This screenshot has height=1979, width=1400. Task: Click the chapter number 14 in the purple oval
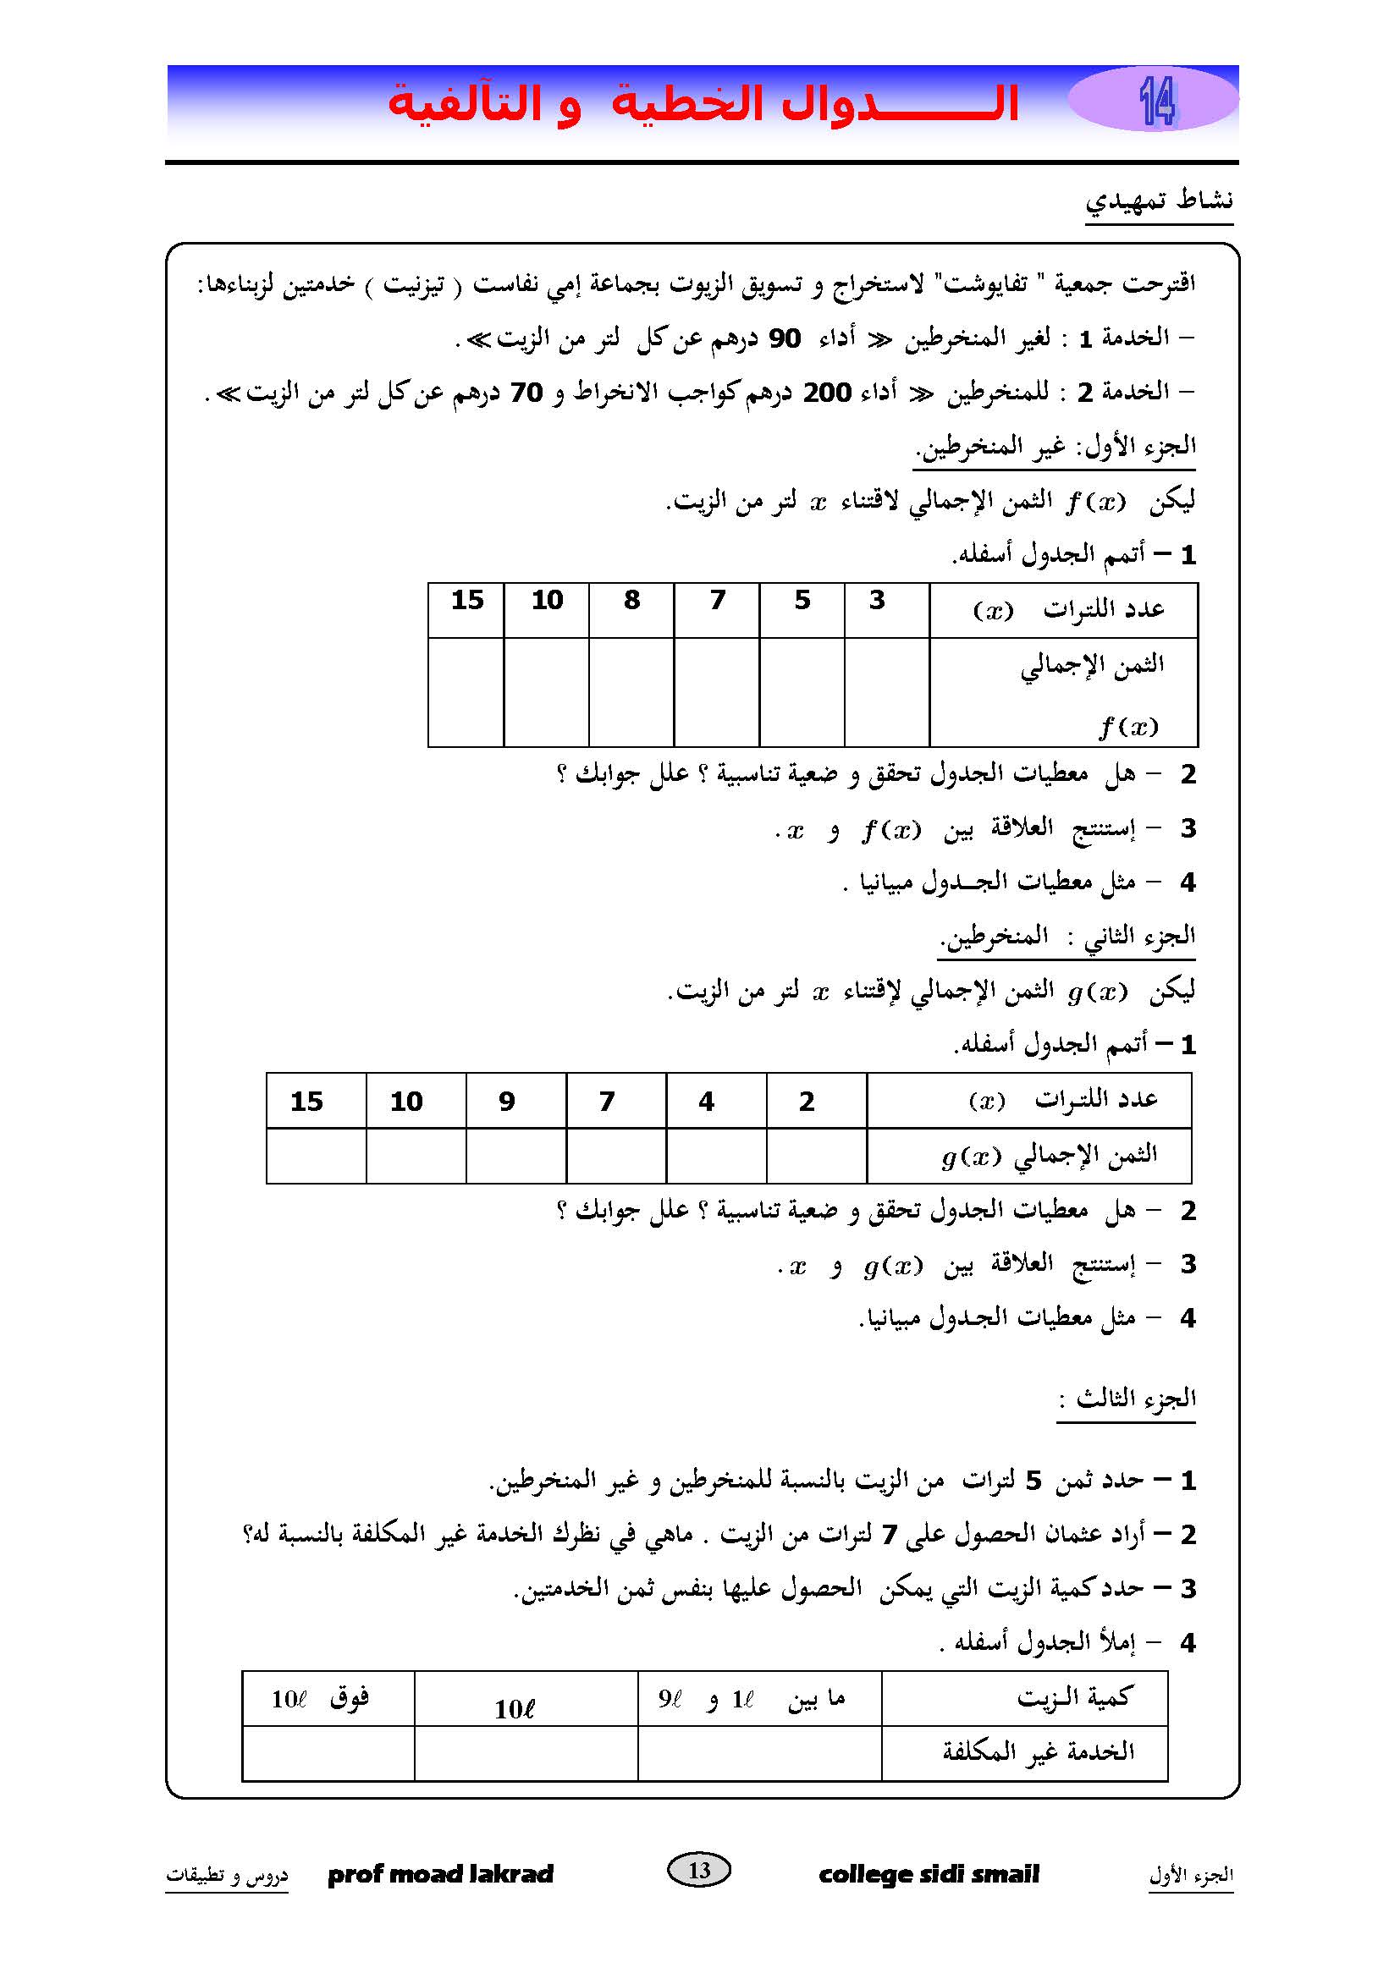[x=1156, y=102]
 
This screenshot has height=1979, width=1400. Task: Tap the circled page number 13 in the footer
[x=699, y=1870]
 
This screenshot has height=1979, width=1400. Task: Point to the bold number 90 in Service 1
[x=785, y=338]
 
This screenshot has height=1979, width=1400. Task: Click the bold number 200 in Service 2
[x=827, y=393]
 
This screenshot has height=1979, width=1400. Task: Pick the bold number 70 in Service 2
[x=526, y=393]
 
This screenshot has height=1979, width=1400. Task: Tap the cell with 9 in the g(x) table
[x=507, y=1102]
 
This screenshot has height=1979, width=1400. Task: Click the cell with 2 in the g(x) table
[x=807, y=1102]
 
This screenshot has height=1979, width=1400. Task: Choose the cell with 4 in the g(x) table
[x=706, y=1102]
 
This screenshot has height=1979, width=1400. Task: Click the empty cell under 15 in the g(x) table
[x=316, y=1156]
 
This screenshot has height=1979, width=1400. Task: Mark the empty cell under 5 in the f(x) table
[x=802, y=692]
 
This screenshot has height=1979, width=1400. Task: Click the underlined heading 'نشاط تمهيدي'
[x=1159, y=201]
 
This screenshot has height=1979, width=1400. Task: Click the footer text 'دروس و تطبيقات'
[x=227, y=1875]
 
